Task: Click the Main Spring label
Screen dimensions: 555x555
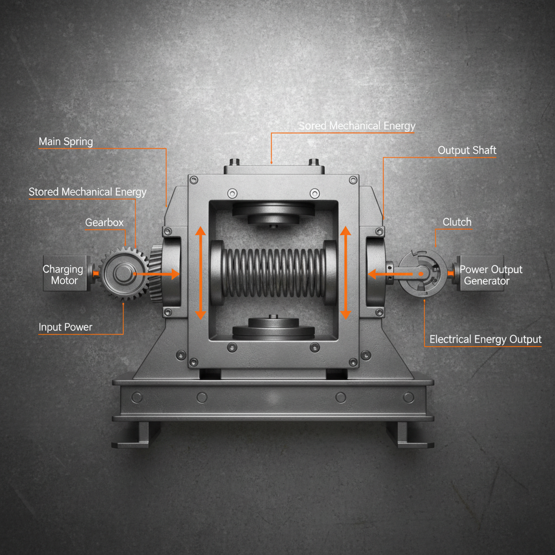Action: (66, 142)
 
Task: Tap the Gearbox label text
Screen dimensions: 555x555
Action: (104, 223)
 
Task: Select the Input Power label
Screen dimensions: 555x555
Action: (65, 327)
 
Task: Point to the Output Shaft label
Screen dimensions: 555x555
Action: (467, 151)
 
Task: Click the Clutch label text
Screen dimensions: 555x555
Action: (457, 222)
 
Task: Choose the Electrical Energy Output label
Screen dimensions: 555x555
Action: (485, 340)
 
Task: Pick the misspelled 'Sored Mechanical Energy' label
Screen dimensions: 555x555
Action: (357, 126)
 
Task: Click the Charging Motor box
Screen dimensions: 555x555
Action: (63, 274)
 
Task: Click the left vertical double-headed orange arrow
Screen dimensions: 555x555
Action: (200, 273)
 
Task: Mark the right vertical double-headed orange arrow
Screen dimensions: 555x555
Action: (345, 273)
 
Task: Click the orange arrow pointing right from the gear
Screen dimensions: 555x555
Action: (157, 274)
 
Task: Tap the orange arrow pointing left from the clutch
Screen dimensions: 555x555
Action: (393, 275)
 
